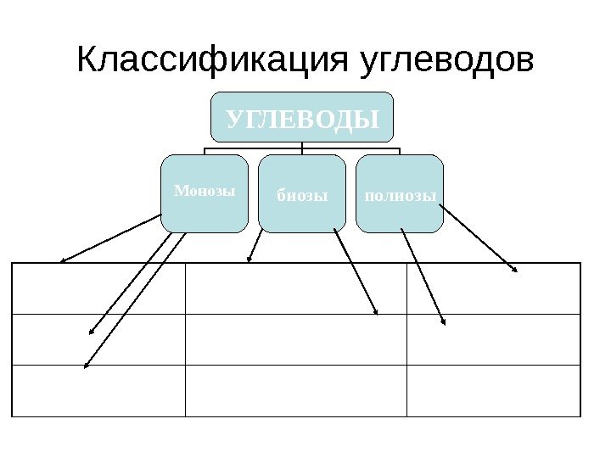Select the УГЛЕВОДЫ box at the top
303,117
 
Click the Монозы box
205,193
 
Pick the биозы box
302,194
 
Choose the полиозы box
400,194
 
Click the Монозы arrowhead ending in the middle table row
92,332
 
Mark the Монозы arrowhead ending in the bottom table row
85,366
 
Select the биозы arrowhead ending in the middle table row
376,313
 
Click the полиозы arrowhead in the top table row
515,271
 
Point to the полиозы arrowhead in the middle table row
445,322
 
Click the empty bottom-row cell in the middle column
295,391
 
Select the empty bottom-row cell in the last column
493,391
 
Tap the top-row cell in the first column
98,288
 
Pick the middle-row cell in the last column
493,339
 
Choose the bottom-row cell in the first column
98,391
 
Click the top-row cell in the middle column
295,288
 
